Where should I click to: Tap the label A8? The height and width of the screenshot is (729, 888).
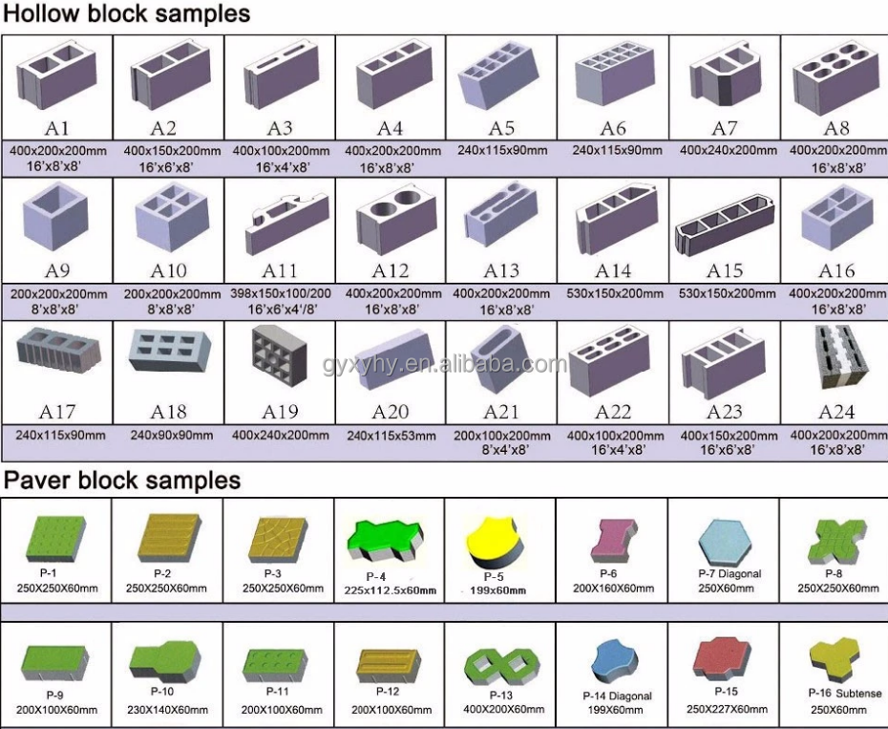[x=836, y=128]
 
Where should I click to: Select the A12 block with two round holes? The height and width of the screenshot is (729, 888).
[x=391, y=223]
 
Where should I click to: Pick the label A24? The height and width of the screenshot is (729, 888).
[x=836, y=412]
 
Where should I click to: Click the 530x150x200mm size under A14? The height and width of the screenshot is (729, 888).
[x=613, y=293]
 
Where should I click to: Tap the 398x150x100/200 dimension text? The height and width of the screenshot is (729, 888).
[x=281, y=293]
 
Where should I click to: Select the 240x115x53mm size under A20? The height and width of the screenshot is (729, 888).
[x=391, y=435]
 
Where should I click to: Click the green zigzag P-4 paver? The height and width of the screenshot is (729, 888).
[x=389, y=544]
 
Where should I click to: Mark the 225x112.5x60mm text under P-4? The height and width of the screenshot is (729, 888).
[x=392, y=590]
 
